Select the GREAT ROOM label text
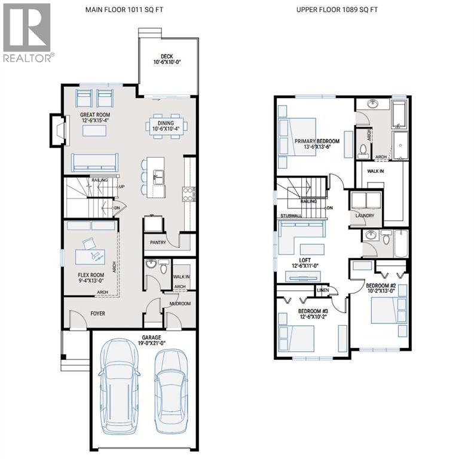96,114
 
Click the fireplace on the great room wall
58,129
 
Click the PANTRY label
157,243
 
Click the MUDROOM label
179,304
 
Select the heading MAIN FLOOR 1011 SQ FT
125,10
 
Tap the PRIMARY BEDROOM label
317,141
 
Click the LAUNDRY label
364,215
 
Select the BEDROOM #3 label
313,311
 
